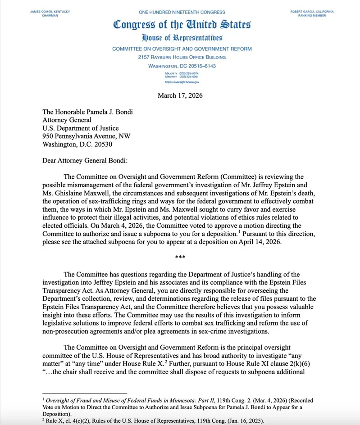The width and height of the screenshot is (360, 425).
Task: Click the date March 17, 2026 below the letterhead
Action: [180, 95]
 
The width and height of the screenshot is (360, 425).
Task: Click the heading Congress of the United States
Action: [182, 24]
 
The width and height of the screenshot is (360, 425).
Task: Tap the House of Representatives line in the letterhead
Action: [182, 38]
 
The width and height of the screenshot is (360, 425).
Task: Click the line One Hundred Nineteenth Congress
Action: [182, 11]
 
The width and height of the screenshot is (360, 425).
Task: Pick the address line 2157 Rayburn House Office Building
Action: [182, 57]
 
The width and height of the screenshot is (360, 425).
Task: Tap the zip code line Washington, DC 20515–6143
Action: [182, 66]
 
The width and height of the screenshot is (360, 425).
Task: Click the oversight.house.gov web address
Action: [182, 82]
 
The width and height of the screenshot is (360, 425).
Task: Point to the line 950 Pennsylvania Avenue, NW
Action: [87, 136]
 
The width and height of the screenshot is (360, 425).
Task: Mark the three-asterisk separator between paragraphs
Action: [180, 257]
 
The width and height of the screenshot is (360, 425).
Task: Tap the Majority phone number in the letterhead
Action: [182, 73]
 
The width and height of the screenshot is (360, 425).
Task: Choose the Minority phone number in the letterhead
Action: [182, 77]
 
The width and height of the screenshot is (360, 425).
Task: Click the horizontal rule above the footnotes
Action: [85, 393]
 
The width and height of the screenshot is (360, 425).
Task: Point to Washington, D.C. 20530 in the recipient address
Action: [77, 145]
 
